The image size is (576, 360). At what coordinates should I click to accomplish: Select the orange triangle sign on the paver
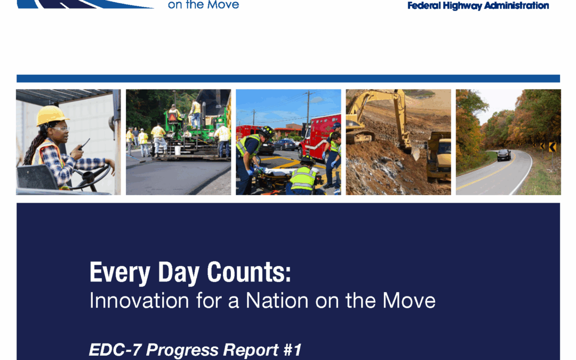[173, 117]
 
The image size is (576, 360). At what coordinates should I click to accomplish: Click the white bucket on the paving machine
[178, 150]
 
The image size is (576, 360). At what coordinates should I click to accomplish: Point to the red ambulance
[319, 135]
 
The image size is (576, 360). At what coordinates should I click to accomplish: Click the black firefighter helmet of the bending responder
[266, 131]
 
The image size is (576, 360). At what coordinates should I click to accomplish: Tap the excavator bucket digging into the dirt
[415, 153]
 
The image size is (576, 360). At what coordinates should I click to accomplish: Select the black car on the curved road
[503, 155]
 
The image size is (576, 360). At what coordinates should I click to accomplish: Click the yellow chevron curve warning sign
[552, 147]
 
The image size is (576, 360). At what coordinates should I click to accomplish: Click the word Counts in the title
[249, 272]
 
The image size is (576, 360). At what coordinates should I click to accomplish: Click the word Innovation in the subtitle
[139, 300]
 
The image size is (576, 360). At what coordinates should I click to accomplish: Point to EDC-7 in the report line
[115, 350]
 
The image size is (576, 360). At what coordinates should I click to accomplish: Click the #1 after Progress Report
[293, 350]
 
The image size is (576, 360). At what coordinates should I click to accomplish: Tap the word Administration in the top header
[516, 5]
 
